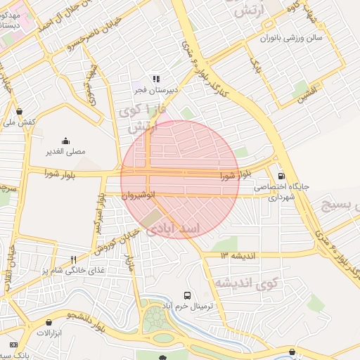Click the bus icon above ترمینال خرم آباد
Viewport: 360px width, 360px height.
[187, 295]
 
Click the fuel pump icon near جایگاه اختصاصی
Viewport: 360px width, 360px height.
[281, 176]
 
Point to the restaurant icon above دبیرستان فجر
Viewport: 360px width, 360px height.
[156, 79]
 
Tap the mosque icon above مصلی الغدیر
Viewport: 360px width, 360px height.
[65, 141]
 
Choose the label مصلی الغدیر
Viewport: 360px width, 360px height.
[65, 151]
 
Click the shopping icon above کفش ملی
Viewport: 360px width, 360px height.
[18, 111]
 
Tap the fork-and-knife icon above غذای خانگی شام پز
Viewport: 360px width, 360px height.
[73, 259]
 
